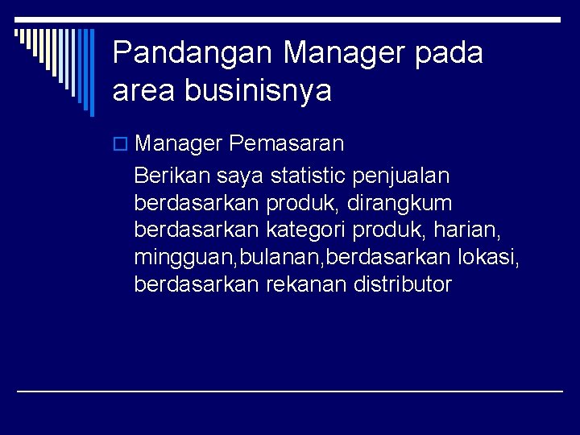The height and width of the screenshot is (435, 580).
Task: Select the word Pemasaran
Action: [286, 144]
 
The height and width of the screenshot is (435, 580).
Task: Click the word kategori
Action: [311, 230]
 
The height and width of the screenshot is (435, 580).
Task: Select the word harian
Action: [467, 230]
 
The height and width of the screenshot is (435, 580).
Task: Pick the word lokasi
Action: [488, 257]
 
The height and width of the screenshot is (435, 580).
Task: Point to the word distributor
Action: [403, 284]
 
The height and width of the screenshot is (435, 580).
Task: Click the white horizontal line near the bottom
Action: [290, 391]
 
